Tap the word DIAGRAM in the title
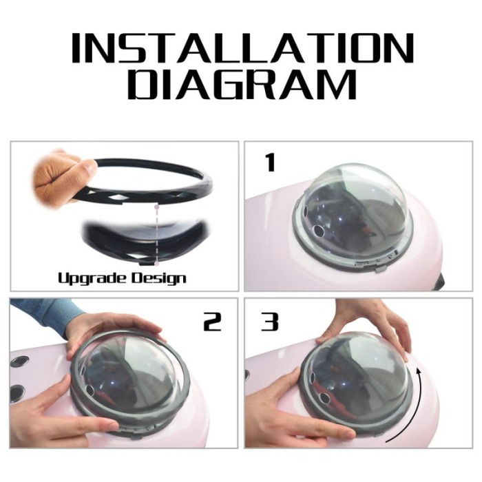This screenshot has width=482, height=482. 242,83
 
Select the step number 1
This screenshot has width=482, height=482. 271,163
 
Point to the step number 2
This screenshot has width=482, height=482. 212,322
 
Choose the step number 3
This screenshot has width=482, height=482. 270,322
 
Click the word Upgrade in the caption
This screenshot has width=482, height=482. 92,278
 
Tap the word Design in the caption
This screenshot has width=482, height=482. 159,278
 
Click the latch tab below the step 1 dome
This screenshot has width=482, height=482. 380,269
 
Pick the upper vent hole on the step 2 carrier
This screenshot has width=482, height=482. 19,361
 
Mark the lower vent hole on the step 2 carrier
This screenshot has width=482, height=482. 17,392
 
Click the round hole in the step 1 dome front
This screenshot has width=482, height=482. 318,230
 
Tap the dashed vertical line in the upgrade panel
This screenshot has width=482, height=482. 157,233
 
